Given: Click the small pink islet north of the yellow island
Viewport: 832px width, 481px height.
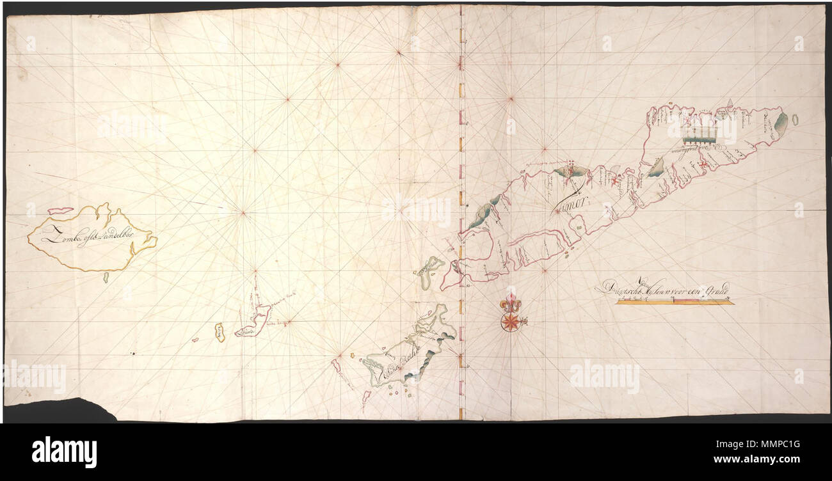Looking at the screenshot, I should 60,210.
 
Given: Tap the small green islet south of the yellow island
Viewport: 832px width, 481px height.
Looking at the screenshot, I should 106,277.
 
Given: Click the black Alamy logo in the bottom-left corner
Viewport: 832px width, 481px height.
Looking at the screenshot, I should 64,452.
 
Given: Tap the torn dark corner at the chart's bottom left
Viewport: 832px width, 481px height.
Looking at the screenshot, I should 58,410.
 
